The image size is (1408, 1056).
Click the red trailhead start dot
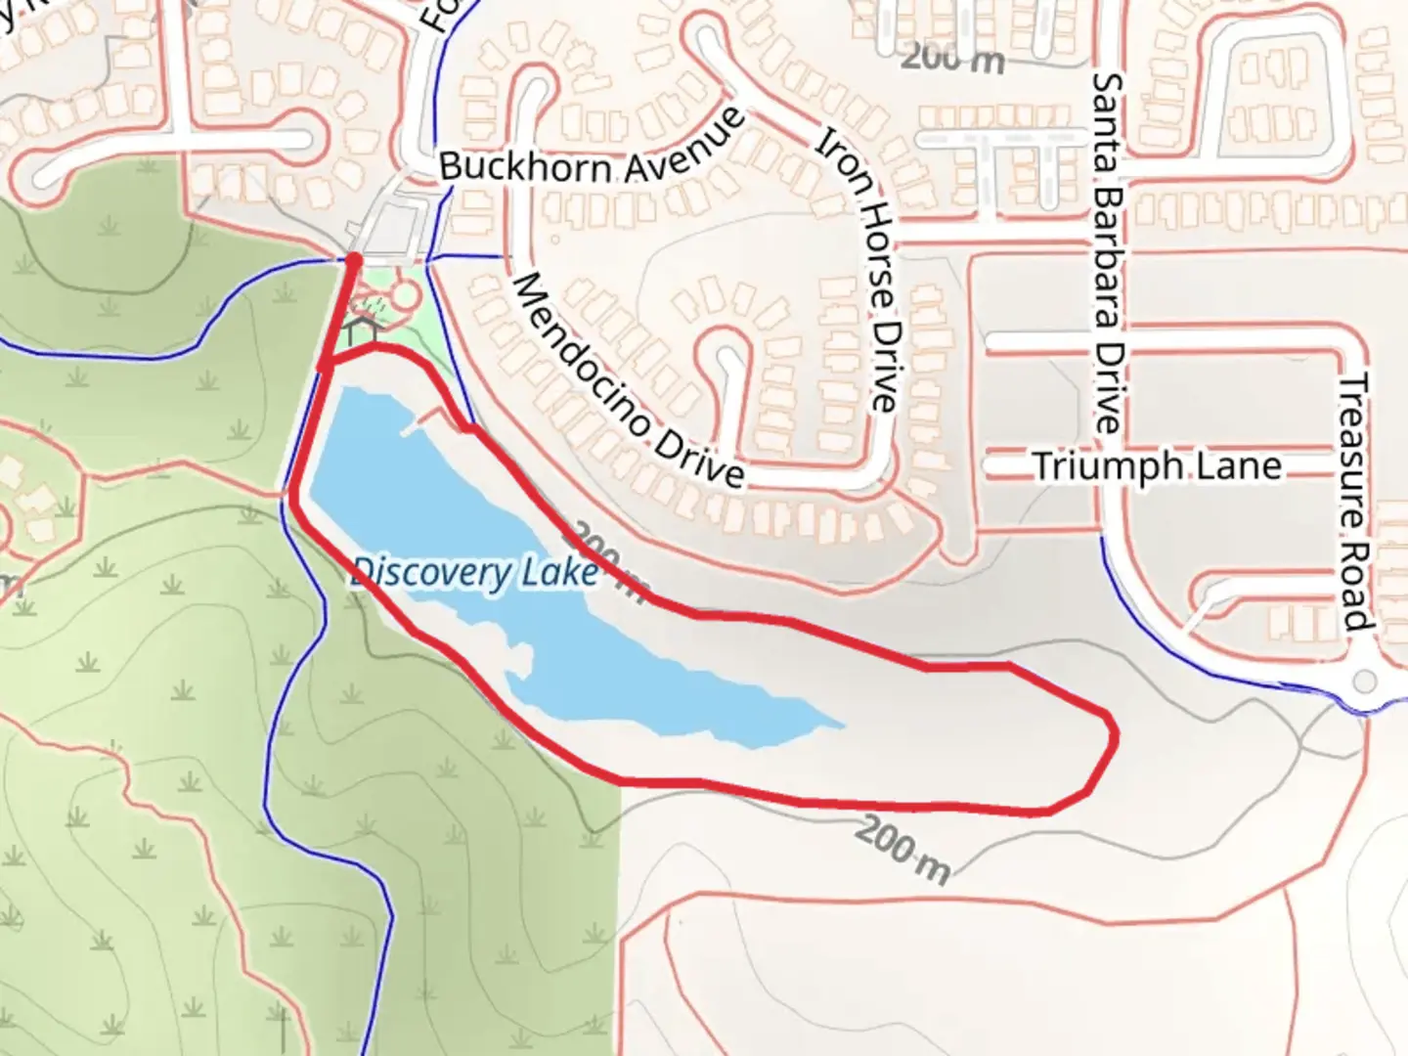(x=353, y=259)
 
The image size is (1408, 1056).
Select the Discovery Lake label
(x=475, y=572)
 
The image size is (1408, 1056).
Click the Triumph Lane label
(x=1157, y=465)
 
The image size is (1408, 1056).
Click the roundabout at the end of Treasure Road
(x=1364, y=682)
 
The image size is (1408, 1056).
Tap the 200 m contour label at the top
(x=952, y=59)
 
